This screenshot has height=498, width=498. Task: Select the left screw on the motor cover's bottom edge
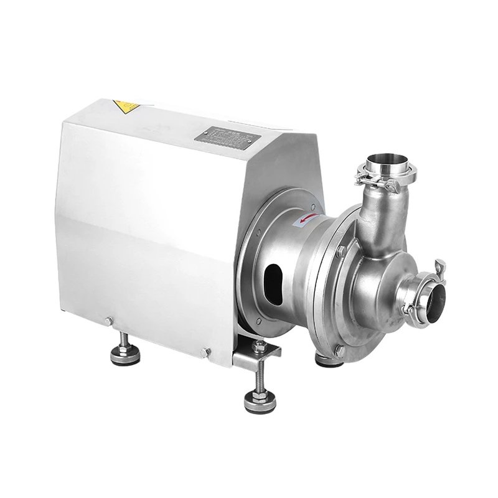(109, 321)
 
